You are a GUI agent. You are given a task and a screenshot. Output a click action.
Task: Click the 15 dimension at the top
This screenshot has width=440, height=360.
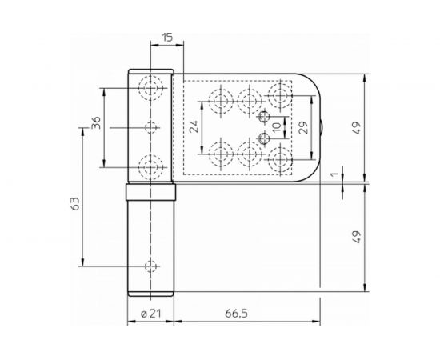pyautogui.click(x=166, y=38)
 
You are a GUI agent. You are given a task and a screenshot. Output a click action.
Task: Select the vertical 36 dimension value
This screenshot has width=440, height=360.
pyautogui.click(x=95, y=124)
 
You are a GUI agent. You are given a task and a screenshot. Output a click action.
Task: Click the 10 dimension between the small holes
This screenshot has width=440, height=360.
pyautogui.click(x=276, y=127)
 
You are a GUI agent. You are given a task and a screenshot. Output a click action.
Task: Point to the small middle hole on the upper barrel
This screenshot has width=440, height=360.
pyautogui.click(x=150, y=126)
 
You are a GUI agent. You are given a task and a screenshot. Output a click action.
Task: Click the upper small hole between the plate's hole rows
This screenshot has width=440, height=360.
pyautogui.click(x=265, y=118)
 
